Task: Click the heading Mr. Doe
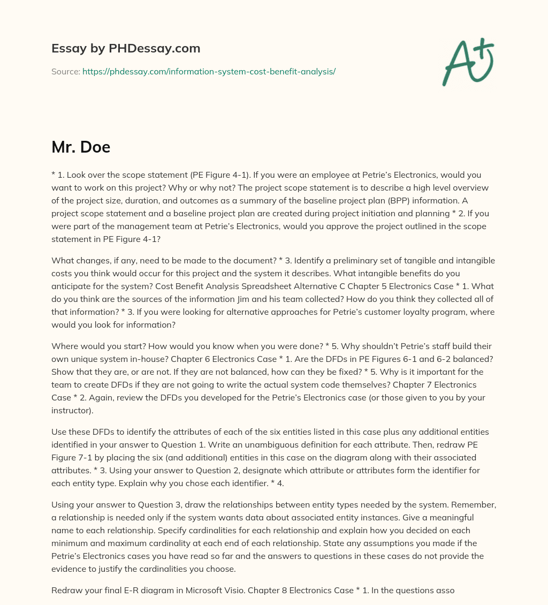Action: coord(81,147)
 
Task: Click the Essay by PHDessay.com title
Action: coord(126,49)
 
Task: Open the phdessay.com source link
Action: coord(209,71)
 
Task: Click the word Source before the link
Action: coord(65,71)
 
